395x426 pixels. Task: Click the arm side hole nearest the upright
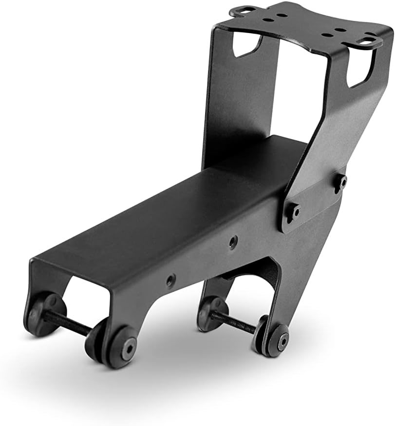[x=233, y=240]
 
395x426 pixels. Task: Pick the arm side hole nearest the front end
[x=170, y=280]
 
